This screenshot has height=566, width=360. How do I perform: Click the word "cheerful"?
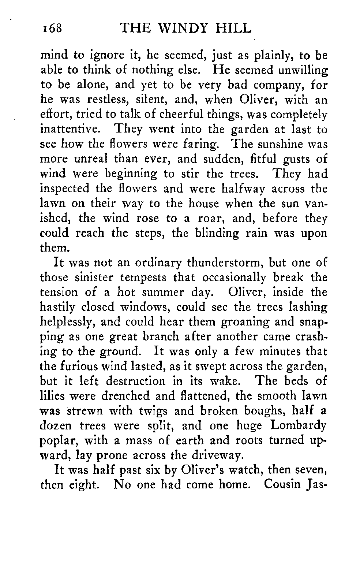[147, 115]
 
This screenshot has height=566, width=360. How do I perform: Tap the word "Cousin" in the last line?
[281, 484]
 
